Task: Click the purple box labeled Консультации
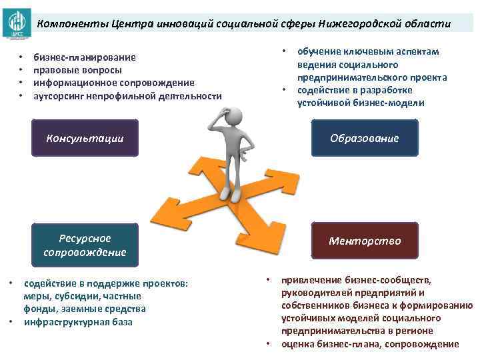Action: click(85, 138)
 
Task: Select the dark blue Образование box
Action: click(364, 138)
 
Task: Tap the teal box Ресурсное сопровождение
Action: click(85, 245)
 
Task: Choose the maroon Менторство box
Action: click(364, 241)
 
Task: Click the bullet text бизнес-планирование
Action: click(85, 57)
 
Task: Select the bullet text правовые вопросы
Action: click(73, 70)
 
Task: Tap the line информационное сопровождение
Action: click(114, 83)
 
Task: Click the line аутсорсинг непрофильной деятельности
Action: click(127, 96)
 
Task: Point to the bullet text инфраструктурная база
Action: click(78, 322)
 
